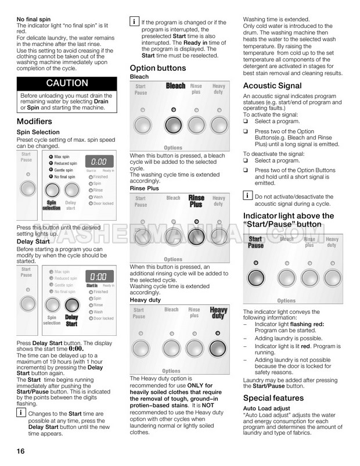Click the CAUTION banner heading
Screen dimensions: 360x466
tap(67, 83)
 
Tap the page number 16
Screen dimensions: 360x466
tap(21, 451)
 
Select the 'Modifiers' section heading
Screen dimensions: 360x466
tap(34, 121)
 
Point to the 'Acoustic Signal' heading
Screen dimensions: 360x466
tap(272, 86)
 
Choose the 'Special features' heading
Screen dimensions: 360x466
tap(273, 398)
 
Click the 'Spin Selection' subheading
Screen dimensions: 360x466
tap(38, 133)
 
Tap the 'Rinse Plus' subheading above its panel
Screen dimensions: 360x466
tap(145, 188)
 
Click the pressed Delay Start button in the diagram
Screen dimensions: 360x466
tap(71, 304)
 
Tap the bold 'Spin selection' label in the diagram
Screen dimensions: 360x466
tap(52, 205)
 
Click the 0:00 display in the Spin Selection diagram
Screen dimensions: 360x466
tap(99, 162)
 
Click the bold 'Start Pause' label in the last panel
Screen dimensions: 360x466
tap(255, 242)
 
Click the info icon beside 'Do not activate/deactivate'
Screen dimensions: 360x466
tap(247, 195)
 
